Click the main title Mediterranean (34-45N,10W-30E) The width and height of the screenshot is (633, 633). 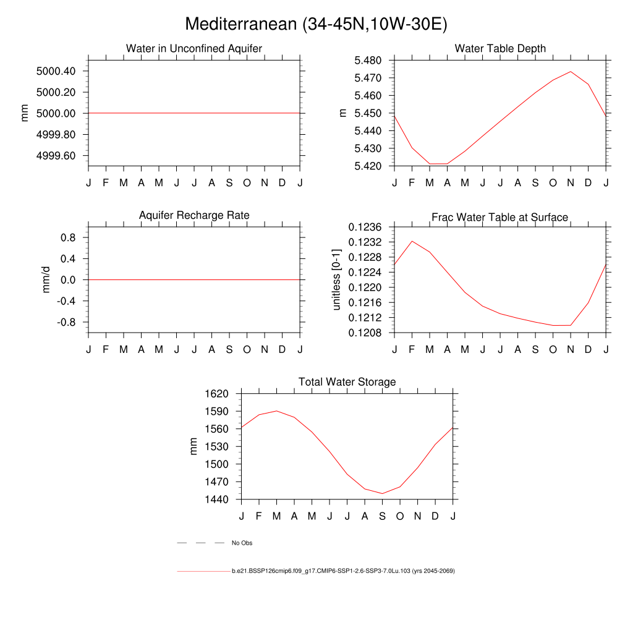click(316, 24)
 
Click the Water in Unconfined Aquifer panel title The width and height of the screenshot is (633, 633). click(194, 48)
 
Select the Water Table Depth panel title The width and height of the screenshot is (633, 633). click(500, 48)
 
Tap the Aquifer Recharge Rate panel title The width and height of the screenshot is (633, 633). click(194, 215)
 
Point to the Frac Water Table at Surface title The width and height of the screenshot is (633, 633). click(499, 217)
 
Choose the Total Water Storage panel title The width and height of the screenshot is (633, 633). click(347, 382)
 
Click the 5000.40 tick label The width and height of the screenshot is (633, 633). click(56, 71)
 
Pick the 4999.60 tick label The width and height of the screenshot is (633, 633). click(56, 155)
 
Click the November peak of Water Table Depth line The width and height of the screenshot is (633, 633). click(571, 72)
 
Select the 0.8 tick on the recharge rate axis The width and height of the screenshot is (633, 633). click(67, 237)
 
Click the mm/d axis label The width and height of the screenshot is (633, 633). click(45, 279)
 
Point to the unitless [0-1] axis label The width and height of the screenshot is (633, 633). click(337, 279)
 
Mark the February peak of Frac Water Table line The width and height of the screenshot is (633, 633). click(412, 241)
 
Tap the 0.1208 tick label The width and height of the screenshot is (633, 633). click(365, 333)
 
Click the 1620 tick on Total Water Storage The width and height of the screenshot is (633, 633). click(217, 394)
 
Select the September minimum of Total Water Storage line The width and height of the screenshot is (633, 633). click(383, 493)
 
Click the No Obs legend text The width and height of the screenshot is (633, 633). click(242, 543)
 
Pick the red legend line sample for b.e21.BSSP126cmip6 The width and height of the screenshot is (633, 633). click(203, 571)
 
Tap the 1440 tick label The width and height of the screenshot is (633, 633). click(217, 499)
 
